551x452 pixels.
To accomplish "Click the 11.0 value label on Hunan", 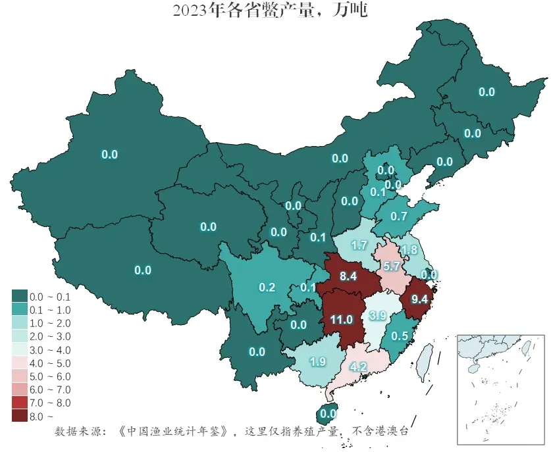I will point(342,320).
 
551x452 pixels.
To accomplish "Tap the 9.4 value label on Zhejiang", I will point(419,299).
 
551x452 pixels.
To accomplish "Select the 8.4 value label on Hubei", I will point(348,277).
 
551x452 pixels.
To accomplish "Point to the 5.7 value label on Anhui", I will point(392,266).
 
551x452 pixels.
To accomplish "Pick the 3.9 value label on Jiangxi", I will point(377,316).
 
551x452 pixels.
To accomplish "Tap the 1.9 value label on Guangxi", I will point(317,361).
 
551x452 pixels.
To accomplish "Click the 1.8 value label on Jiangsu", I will point(409,250).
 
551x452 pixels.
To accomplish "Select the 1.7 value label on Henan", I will point(359,246).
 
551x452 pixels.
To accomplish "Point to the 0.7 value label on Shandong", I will point(399,216).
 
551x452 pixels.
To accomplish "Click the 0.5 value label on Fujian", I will point(399,336).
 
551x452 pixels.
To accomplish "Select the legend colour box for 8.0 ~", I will point(19,416).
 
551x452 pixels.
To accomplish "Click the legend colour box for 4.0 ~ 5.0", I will point(19,363).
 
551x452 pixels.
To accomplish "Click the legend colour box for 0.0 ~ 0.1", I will point(19,297).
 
